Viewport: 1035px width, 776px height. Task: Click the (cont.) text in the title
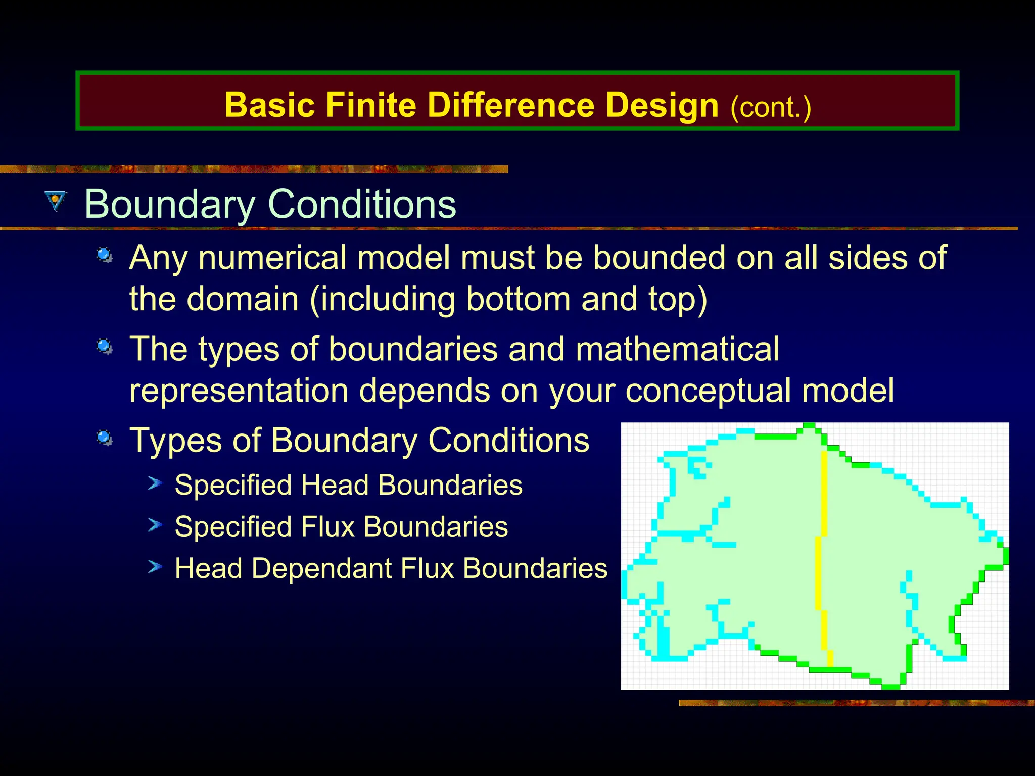pyautogui.click(x=770, y=107)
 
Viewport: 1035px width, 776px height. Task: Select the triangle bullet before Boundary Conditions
pyautogui.click(x=55, y=201)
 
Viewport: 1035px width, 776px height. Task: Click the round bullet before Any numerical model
pyautogui.click(x=105, y=255)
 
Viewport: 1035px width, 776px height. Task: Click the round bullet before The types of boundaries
pyautogui.click(x=105, y=347)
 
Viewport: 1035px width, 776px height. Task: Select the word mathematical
pyautogui.click(x=677, y=349)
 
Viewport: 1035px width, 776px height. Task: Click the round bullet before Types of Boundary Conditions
pyautogui.click(x=105, y=438)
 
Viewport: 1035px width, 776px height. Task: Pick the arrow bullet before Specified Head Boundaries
pyautogui.click(x=155, y=483)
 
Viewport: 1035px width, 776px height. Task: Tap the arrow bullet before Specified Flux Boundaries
pyautogui.click(x=155, y=525)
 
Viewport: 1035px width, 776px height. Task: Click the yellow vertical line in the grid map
pyautogui.click(x=824, y=495)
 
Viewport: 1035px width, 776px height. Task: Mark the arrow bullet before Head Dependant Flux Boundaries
pyautogui.click(x=155, y=567)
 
